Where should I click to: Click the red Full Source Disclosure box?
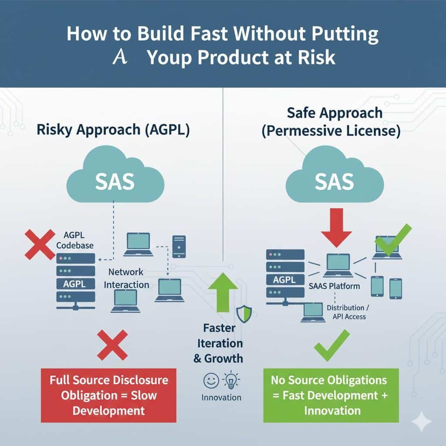(x=108, y=395)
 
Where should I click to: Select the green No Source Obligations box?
(x=331, y=395)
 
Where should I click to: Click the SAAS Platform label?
(x=334, y=286)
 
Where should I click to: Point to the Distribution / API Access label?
(x=347, y=312)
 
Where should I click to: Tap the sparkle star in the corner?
(x=421, y=422)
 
